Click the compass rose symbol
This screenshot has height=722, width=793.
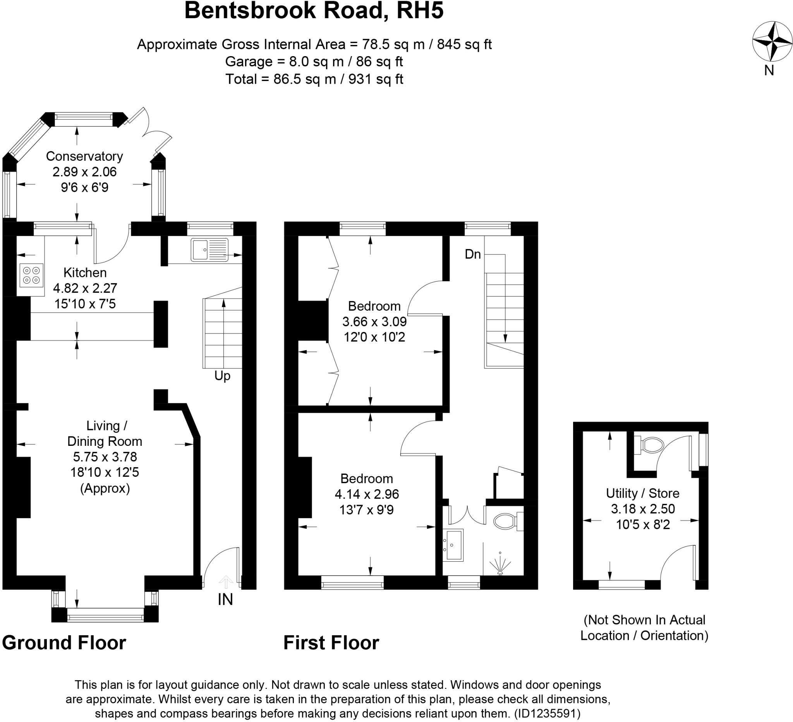[772, 41]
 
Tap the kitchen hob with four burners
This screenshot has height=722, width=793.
[31, 275]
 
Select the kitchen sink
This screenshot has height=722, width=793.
[209, 249]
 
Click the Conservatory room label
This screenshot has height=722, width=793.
[84, 156]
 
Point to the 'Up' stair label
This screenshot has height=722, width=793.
[222, 376]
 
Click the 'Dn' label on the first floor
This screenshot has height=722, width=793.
[472, 254]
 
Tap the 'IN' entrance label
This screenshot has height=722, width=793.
[225, 599]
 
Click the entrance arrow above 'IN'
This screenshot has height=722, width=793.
[226, 581]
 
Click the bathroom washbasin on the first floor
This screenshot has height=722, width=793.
[453, 544]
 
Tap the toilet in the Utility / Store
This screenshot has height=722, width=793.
[651, 445]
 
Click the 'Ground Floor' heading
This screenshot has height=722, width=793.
[64, 643]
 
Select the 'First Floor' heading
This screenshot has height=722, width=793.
[331, 643]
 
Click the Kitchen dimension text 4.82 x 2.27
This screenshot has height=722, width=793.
[85, 288]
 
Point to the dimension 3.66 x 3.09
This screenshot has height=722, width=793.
[374, 321]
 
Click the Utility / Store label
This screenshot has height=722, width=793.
[642, 493]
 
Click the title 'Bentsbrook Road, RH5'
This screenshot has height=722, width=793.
[314, 11]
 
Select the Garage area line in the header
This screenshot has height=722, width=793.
[314, 61]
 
